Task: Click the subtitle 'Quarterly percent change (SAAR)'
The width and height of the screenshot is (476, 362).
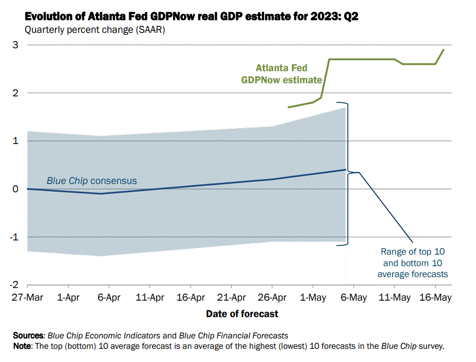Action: (94, 30)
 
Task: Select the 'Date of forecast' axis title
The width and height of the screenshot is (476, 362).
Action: (242, 314)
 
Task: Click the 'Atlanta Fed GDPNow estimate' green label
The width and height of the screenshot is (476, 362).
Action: (282, 74)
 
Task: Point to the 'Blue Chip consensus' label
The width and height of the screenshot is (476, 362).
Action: (91, 181)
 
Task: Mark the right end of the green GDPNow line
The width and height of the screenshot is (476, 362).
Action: (443, 50)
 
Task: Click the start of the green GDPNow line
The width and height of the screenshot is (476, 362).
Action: (289, 107)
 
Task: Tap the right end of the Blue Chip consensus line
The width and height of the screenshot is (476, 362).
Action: (345, 170)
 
